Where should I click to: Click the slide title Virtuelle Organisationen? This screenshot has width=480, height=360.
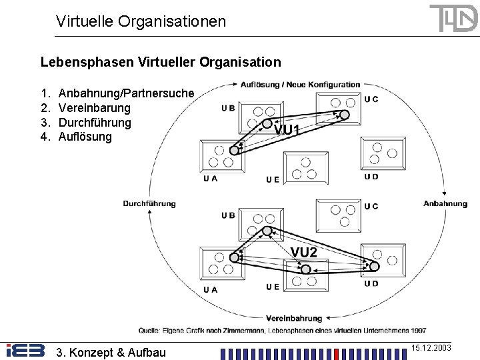(x=141, y=21)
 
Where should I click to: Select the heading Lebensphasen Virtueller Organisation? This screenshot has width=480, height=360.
(x=161, y=63)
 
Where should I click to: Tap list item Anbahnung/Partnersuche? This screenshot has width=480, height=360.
(x=127, y=93)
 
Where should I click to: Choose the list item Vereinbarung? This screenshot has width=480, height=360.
(x=95, y=108)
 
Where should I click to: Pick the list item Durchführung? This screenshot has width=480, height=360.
(x=95, y=123)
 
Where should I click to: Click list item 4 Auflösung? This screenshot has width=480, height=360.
(x=85, y=137)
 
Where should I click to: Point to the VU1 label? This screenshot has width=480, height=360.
(x=287, y=130)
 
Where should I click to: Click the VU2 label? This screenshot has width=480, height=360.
(x=304, y=251)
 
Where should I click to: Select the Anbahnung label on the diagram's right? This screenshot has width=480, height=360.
(x=445, y=203)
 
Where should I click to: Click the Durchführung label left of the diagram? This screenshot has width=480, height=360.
(x=149, y=203)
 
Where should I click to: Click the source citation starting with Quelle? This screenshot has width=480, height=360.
(x=283, y=331)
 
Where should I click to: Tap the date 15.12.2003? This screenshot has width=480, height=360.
(x=431, y=348)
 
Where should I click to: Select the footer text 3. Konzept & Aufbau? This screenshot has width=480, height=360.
(x=111, y=351)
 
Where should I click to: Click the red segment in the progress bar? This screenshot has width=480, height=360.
(x=336, y=353)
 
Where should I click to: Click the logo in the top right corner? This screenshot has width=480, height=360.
(x=453, y=18)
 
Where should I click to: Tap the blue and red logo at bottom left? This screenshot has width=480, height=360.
(x=25, y=351)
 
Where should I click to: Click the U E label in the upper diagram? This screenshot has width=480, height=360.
(x=273, y=179)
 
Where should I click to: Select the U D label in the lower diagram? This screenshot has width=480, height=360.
(x=371, y=283)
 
